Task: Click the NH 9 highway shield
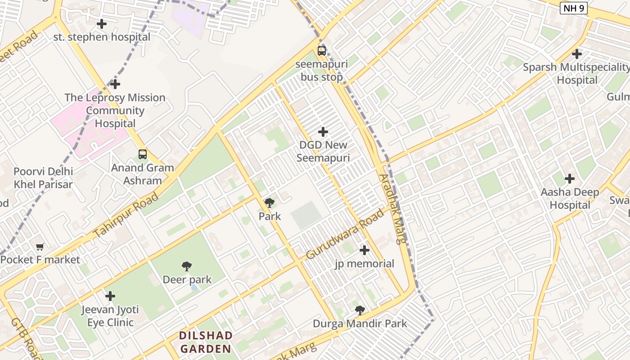click(x=574, y=8)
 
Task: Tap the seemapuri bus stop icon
click(x=321, y=50)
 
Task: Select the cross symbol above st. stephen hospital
click(x=102, y=24)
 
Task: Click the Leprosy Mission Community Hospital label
click(x=115, y=110)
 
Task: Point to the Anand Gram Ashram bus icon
click(x=143, y=154)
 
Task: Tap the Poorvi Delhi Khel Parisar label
click(x=43, y=178)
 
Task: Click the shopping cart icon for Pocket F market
click(x=40, y=247)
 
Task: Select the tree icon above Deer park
click(x=187, y=266)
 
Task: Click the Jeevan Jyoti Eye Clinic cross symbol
click(x=110, y=296)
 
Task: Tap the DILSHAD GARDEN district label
click(x=206, y=342)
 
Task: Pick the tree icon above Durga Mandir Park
click(x=360, y=310)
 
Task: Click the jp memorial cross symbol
click(x=364, y=250)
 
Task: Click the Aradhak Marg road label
click(x=392, y=209)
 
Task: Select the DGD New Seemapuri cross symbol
click(x=323, y=132)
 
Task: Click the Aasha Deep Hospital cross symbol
click(x=570, y=179)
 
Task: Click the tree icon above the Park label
click(x=270, y=203)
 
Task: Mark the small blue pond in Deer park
click(x=193, y=287)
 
